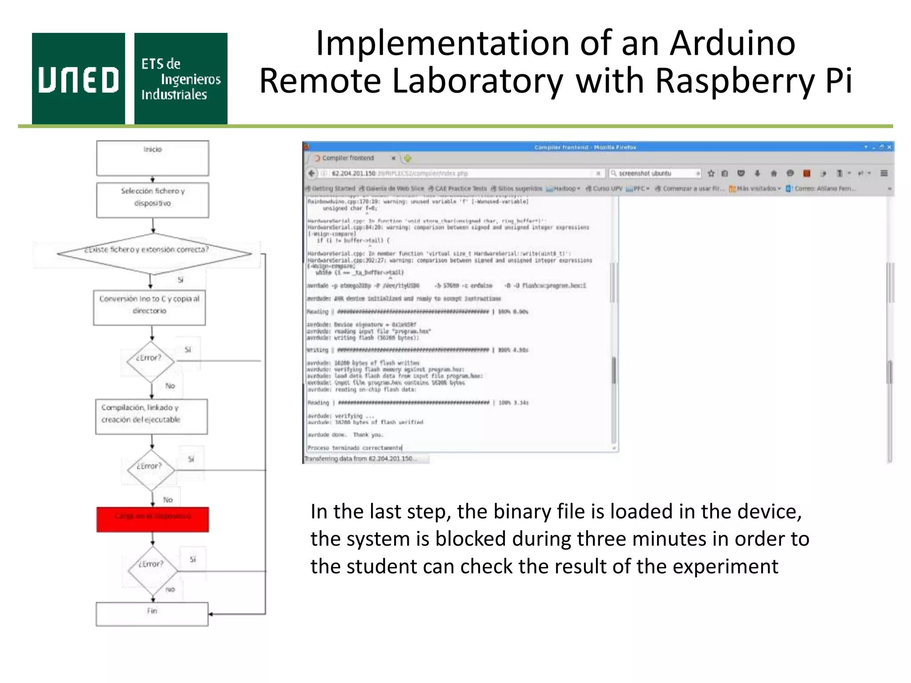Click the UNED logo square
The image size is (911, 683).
click(78, 78)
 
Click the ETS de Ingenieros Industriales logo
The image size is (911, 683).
click(181, 78)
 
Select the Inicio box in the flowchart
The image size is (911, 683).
click(153, 158)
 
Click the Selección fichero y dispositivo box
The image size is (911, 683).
click(153, 200)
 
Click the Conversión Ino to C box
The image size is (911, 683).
click(149, 307)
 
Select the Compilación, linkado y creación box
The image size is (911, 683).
click(151, 416)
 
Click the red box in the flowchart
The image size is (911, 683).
click(153, 519)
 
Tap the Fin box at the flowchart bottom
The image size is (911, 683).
click(152, 614)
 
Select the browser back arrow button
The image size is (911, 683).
click(312, 173)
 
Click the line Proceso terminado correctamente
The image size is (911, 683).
click(355, 448)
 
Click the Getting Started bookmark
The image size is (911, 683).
click(332, 189)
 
